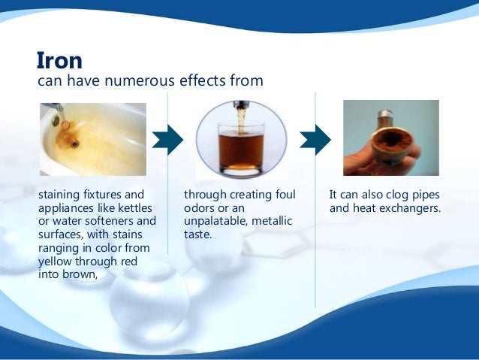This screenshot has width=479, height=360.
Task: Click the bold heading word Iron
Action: [x=59, y=59]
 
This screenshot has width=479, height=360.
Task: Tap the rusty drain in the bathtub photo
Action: [x=74, y=144]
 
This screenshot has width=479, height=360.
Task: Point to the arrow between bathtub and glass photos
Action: [x=167, y=139]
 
